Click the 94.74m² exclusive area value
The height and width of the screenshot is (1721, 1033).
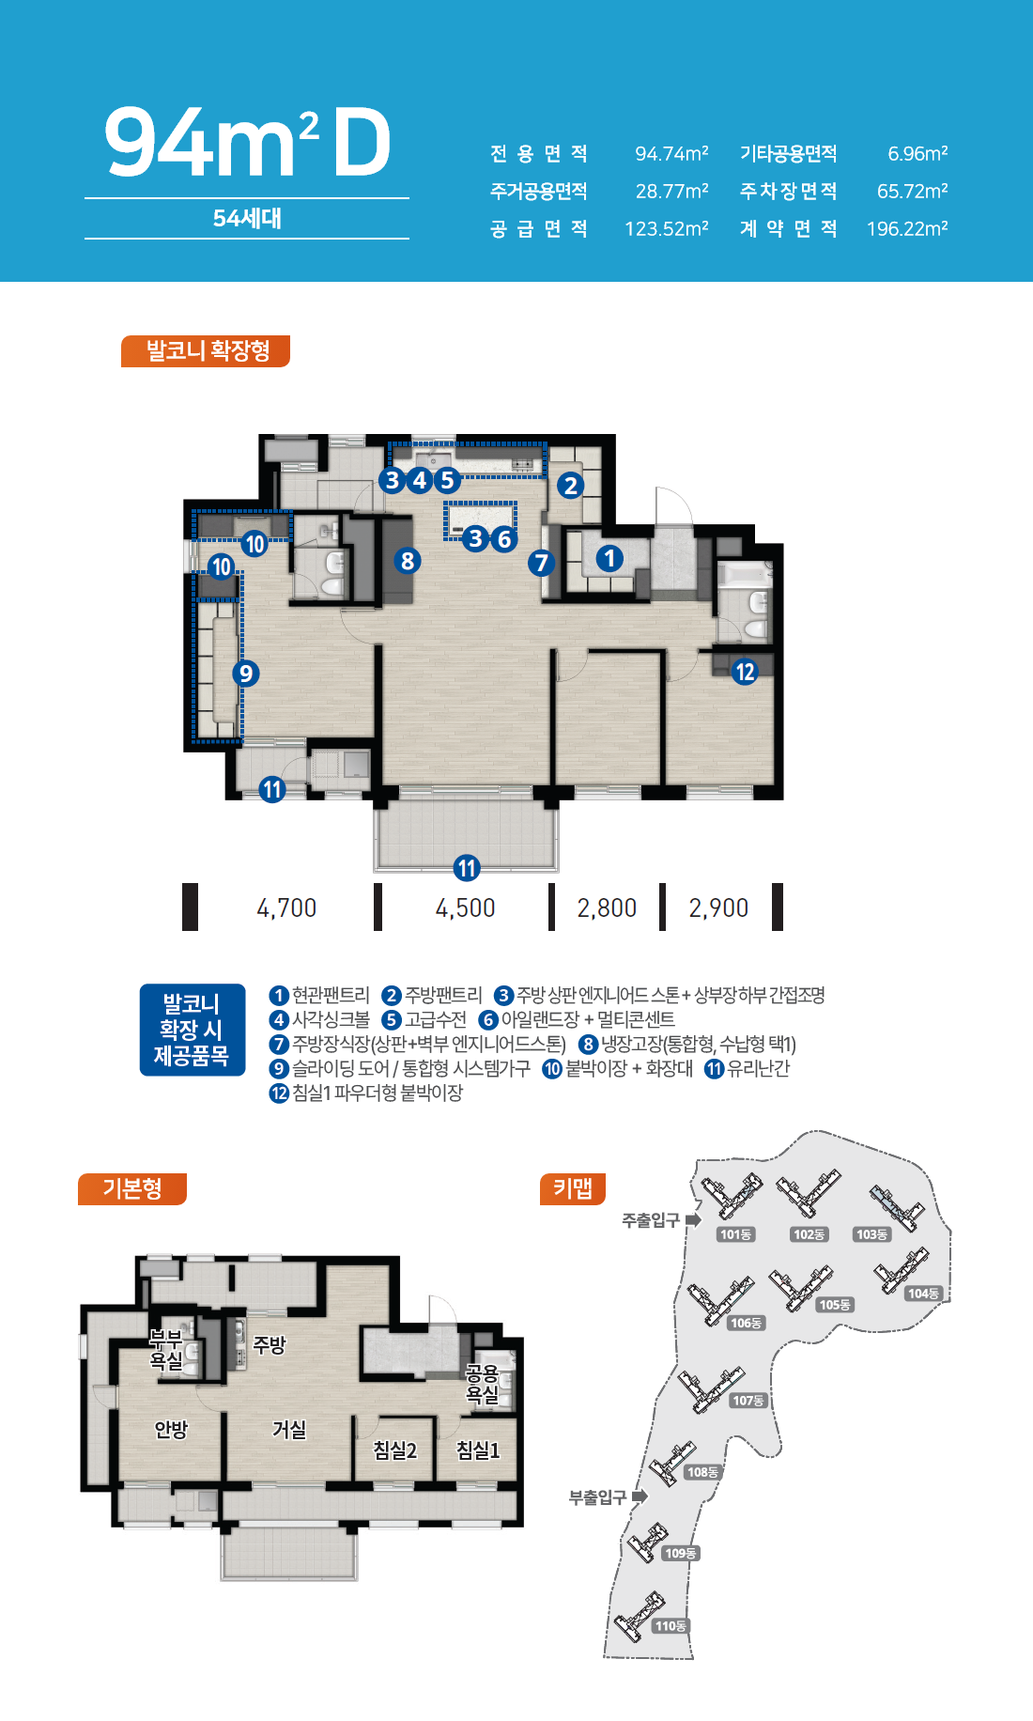671,153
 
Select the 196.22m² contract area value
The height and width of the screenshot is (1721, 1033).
907,228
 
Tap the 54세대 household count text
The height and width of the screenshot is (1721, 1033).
247,218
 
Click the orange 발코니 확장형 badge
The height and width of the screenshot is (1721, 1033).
206,350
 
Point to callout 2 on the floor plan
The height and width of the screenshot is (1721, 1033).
570,486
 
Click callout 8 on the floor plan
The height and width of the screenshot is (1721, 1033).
407,561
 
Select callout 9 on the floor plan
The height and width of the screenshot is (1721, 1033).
245,673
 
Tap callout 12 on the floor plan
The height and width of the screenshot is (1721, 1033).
745,672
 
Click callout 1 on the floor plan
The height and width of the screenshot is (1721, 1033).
609,558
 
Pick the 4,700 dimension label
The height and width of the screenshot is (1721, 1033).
286,907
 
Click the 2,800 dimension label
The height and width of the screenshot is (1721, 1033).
607,907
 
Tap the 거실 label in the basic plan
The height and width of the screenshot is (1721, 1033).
289,1429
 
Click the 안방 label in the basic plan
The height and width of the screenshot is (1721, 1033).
171,1429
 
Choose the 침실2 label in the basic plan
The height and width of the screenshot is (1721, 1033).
395,1450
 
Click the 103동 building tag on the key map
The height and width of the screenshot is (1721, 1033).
871,1234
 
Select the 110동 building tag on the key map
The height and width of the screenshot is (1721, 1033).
671,1626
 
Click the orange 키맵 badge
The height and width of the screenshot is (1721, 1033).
573,1188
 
